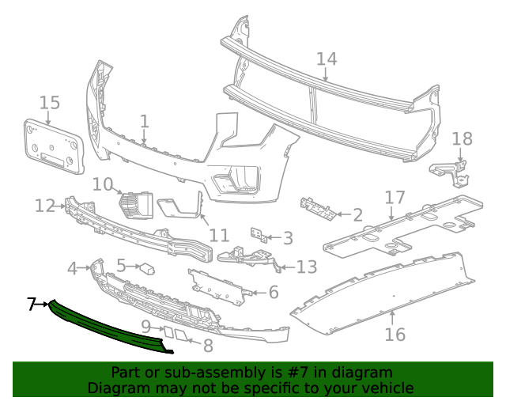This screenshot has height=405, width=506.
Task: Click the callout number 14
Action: (x=327, y=59)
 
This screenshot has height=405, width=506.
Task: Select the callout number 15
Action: (x=49, y=102)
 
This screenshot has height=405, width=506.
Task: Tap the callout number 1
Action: (x=144, y=121)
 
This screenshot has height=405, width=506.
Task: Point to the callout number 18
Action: (x=462, y=139)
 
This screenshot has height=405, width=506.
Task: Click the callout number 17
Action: (x=395, y=197)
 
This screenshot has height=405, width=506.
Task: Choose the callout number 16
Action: (x=395, y=335)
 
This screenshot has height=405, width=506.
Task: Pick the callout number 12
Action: (x=44, y=206)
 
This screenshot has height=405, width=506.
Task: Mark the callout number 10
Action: (x=103, y=184)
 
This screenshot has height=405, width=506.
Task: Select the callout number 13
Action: (x=306, y=267)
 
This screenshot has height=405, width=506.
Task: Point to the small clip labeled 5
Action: (x=147, y=267)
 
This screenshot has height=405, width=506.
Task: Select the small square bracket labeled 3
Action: (x=256, y=235)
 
